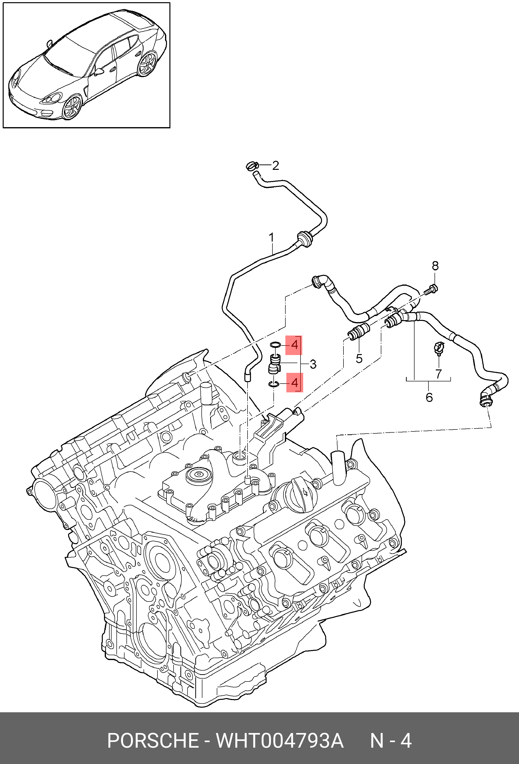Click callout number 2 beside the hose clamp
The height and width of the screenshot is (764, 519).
coord(275,166)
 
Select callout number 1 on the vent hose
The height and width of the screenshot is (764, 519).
coord(271,237)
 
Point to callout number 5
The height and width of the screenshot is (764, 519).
coord(359,358)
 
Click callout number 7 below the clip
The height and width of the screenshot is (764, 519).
coord(438,374)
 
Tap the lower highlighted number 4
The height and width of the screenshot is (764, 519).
coord(294,383)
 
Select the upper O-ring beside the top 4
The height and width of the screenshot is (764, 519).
coord(275,345)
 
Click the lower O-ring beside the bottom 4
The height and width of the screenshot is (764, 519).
coord(274,384)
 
